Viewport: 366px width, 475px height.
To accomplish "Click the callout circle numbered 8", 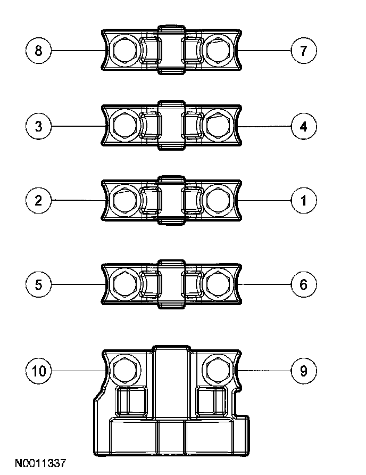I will point(38,51).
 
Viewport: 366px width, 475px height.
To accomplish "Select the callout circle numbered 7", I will point(304,51).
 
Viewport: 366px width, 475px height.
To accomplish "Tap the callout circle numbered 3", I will point(38,127).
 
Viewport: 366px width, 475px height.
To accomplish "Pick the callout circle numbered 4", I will point(304,127).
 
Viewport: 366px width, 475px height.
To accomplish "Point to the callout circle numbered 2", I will point(38,200).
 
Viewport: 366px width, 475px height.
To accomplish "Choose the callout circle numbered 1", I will point(304,200).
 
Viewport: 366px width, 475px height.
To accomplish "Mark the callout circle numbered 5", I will point(38,284).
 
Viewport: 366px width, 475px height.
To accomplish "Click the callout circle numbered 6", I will point(304,284).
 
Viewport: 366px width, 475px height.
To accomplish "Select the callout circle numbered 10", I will point(38,371).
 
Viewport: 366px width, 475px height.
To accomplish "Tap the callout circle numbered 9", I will point(304,371).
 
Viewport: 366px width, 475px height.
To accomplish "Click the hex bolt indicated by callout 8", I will point(125,51).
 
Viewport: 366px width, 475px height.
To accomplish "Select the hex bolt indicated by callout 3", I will point(125,126).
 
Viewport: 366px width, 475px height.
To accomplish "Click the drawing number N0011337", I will point(40,464).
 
